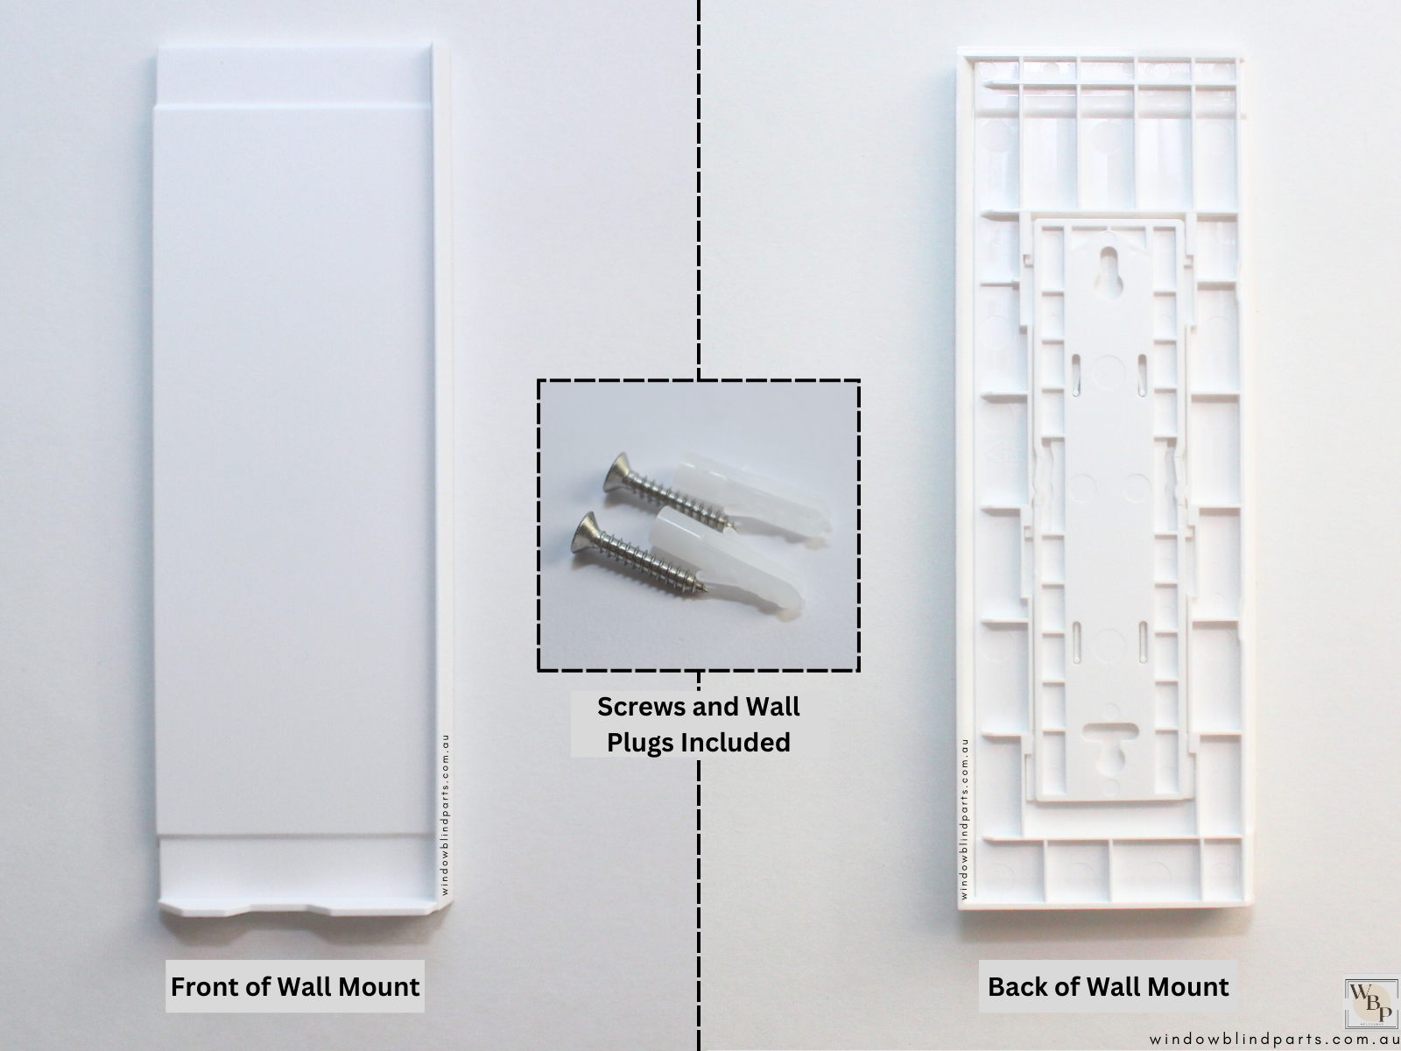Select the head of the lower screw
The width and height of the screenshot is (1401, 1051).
(585, 533)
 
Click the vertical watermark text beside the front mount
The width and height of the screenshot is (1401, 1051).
(445, 815)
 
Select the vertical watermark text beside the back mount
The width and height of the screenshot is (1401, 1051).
(964, 820)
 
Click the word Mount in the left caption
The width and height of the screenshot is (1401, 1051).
(378, 986)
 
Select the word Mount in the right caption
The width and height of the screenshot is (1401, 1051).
(1188, 986)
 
